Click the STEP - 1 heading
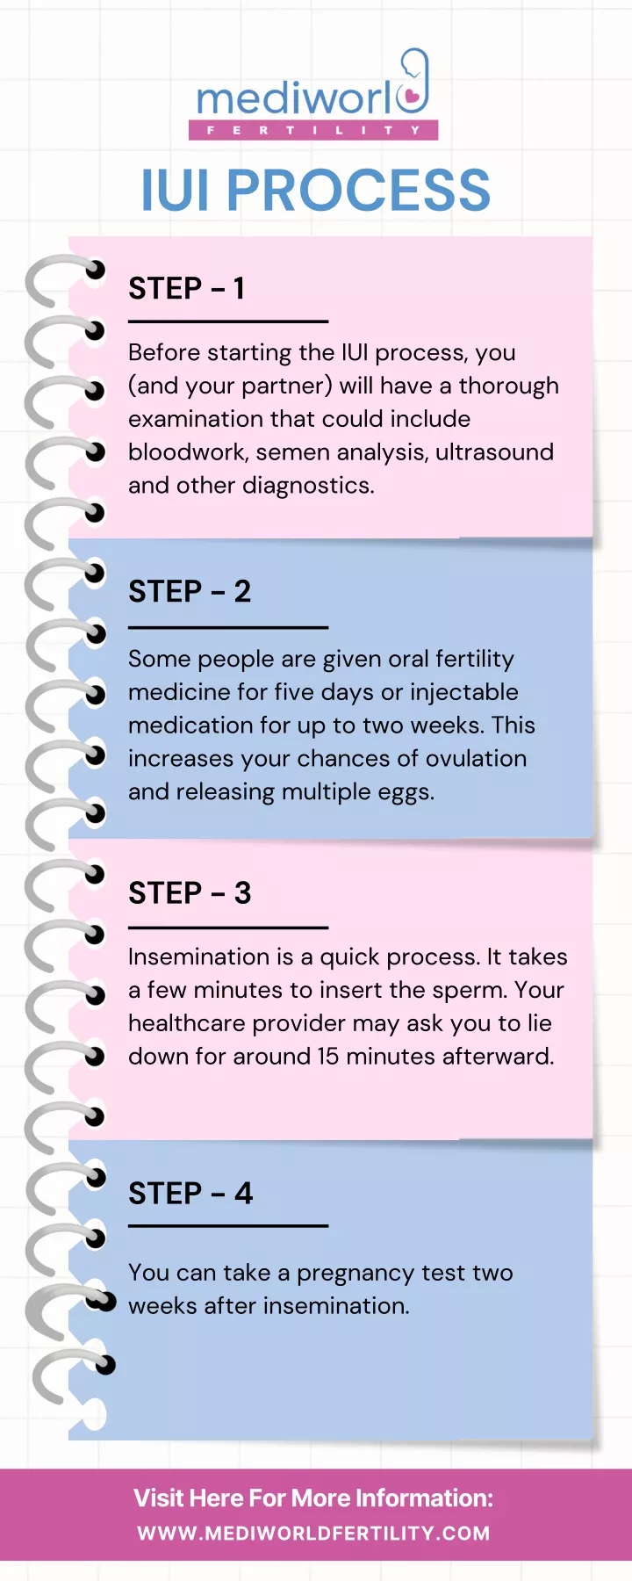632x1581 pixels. pos(186,289)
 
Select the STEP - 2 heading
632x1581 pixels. pos(190,592)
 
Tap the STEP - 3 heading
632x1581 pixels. pos(190,893)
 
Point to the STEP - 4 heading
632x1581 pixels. pos(190,1194)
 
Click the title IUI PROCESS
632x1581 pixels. pos(316,191)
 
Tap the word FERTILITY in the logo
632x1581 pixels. pos(313,130)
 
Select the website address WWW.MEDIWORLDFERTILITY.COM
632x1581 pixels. pos(314,1534)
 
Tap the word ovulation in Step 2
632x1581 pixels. pos(476,759)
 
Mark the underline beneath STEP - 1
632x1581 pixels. pos(228,321)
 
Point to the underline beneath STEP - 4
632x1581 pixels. pos(228,1225)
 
